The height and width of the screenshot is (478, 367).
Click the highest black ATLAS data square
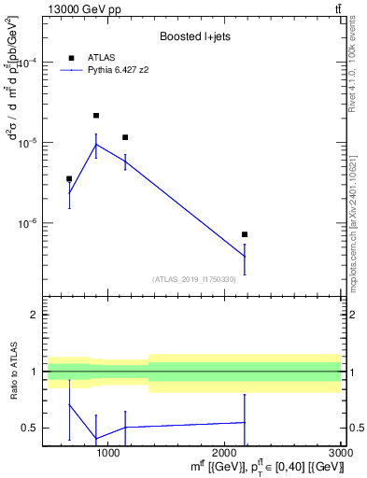click(x=96, y=116)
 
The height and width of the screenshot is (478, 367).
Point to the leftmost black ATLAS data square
click(x=69, y=178)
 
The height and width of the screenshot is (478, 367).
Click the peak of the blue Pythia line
click(x=96, y=145)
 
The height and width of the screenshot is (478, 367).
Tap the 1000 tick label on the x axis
click(x=108, y=453)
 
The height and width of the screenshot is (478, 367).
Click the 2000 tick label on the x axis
click(x=224, y=453)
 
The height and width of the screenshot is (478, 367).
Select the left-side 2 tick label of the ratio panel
click(x=34, y=315)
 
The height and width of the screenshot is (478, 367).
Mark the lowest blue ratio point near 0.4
click(x=96, y=439)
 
